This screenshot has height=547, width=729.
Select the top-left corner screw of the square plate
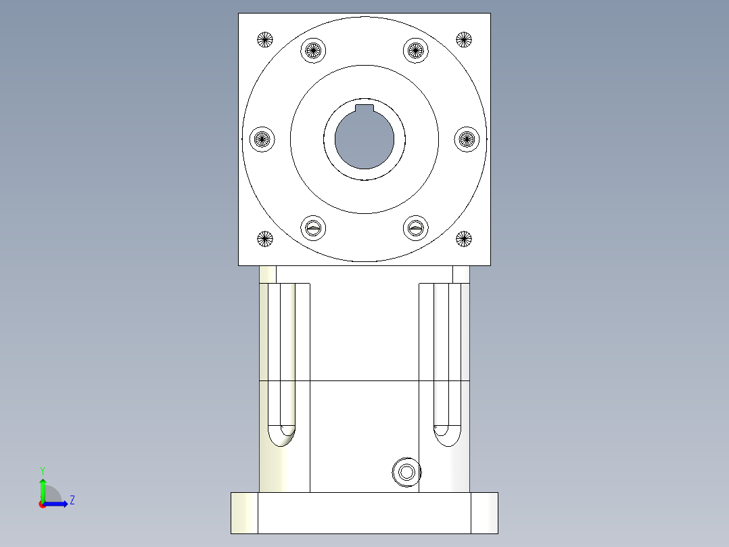coord(264,40)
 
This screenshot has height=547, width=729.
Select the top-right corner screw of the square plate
coord(463,40)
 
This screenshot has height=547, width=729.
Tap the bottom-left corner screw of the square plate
coord(264,238)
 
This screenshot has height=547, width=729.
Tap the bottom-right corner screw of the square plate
coord(463,238)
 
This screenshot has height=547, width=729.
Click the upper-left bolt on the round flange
coord(312,50)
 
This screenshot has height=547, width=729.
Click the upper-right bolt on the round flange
coord(416,50)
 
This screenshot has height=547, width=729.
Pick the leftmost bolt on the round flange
coord(262,139)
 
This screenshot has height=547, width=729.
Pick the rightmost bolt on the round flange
coord(467,139)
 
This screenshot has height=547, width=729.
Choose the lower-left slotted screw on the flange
coord(312,229)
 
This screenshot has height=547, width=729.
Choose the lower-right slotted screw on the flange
coord(416,229)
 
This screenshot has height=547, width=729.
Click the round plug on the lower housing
coord(406,472)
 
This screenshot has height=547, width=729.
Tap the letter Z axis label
coord(72,500)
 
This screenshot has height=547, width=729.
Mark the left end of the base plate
coord(244,512)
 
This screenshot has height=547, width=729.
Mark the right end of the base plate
coord(484,512)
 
